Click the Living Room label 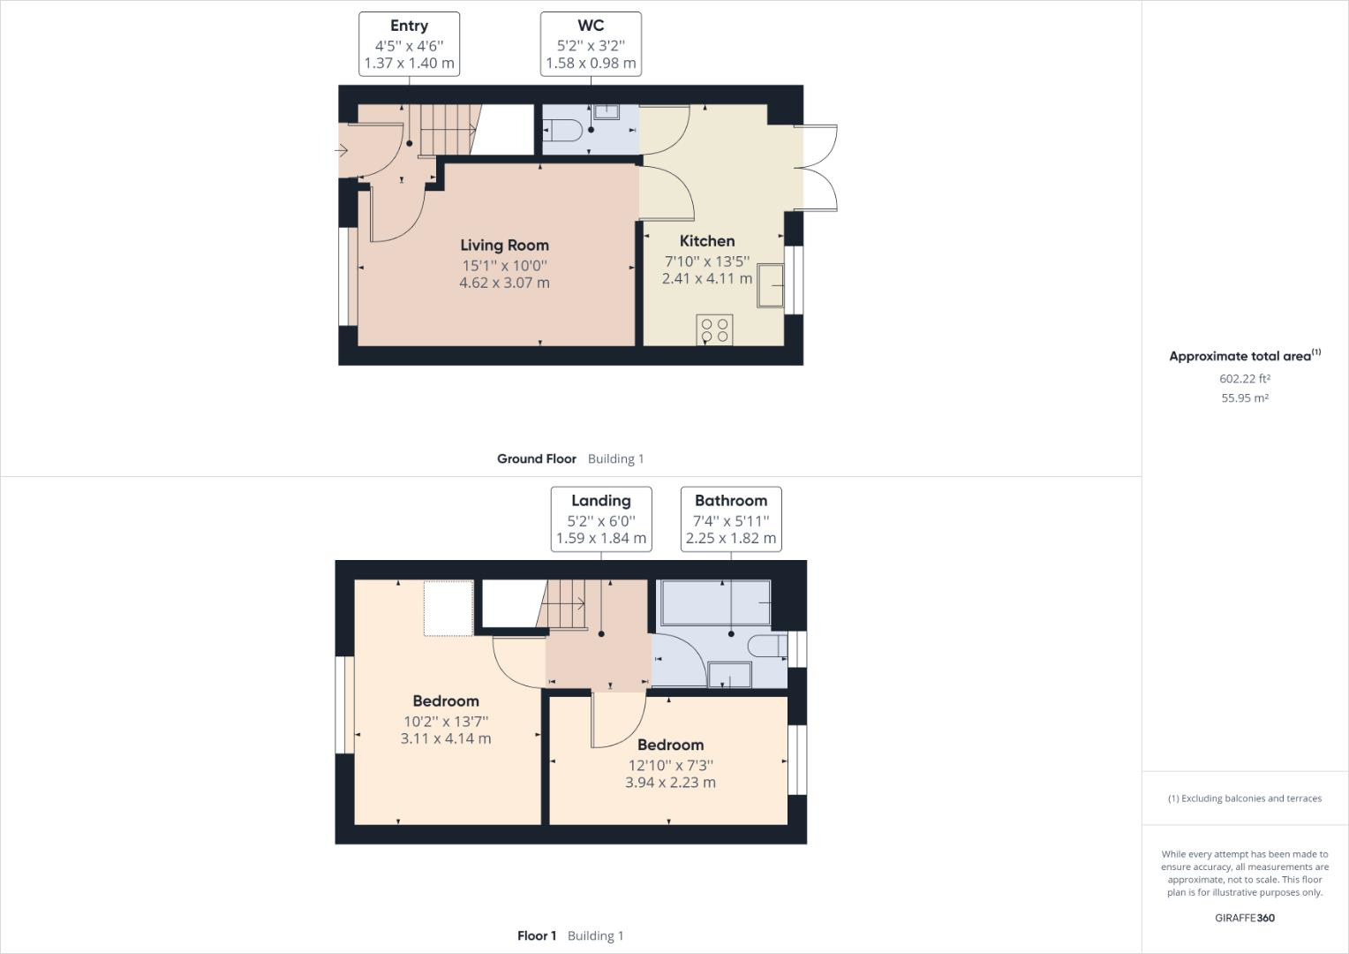click(504, 246)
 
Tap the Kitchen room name click(706, 241)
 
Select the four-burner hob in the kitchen click(714, 329)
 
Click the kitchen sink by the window click(770, 285)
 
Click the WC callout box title click(591, 26)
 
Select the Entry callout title click(409, 26)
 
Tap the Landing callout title click(600, 501)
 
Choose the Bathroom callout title click(730, 501)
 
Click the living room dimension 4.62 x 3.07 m click(504, 283)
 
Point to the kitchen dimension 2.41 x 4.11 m click(706, 278)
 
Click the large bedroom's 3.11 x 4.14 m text click(446, 738)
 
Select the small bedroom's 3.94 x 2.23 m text click(670, 783)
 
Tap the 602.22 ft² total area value click(1244, 379)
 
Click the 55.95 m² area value click(1244, 398)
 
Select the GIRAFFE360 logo click(1244, 918)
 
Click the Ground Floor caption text click(536, 458)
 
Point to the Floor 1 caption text click(537, 935)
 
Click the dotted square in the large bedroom click(448, 608)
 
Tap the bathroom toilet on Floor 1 click(765, 647)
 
